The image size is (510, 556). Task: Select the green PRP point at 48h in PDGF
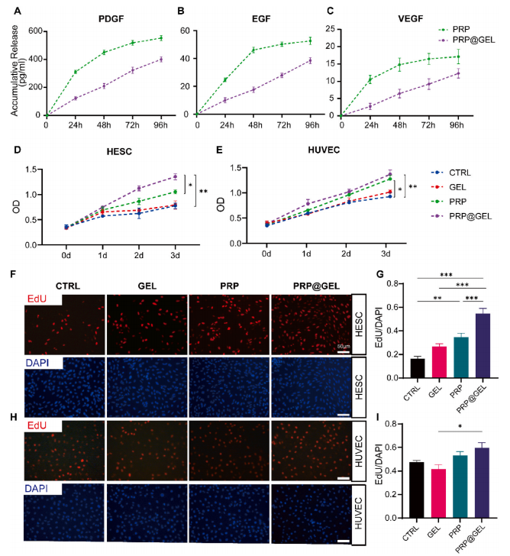104,52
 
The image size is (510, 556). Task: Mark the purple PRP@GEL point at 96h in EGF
311,61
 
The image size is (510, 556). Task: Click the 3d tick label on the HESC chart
176,254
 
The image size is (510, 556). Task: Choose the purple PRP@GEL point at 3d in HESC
176,176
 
